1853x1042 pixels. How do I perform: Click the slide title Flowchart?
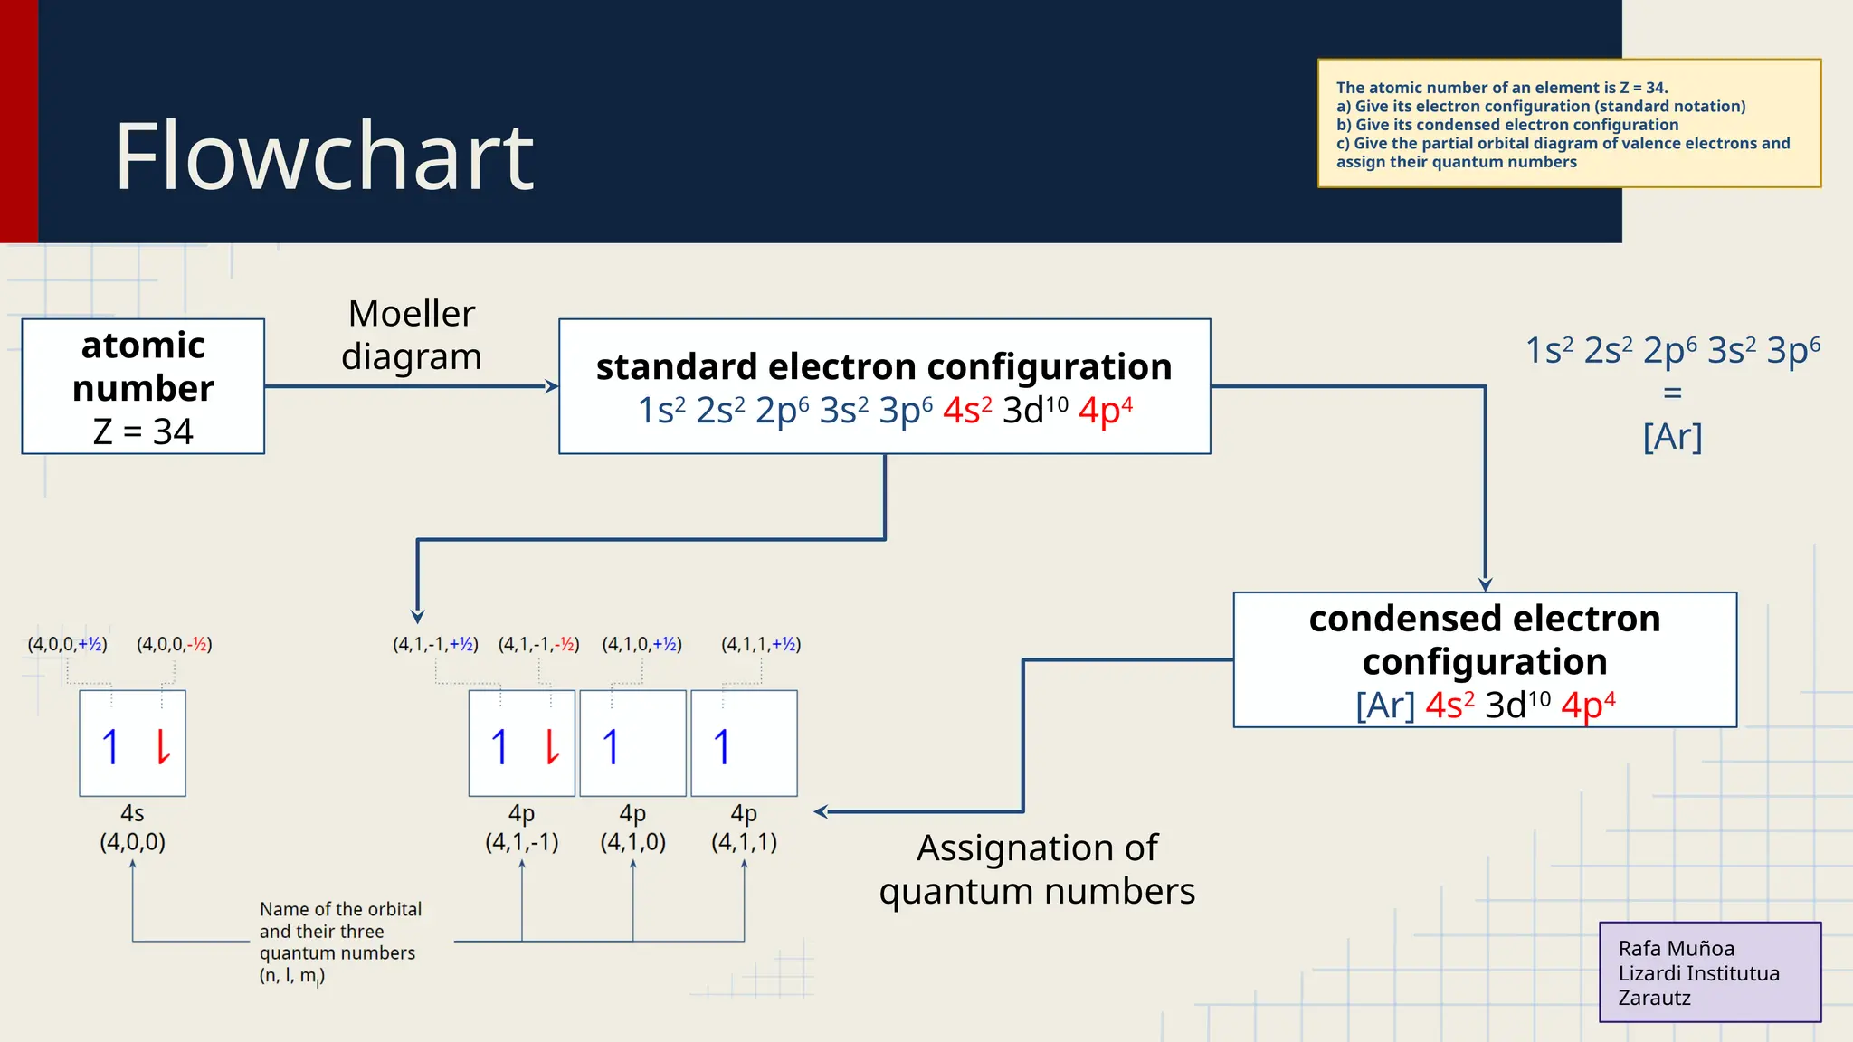point(324,157)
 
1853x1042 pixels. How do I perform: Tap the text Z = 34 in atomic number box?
point(143,431)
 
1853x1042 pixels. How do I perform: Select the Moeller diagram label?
point(412,335)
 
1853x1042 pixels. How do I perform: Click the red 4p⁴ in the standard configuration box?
point(1105,411)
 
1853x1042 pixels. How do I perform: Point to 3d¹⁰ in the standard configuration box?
point(1034,411)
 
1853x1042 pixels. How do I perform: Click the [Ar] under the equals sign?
point(1672,437)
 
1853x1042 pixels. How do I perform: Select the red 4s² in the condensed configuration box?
point(1449,706)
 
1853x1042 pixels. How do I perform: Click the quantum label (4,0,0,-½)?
point(175,645)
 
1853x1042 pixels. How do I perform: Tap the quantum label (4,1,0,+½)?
point(641,645)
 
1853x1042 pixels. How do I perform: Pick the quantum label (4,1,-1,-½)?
point(538,645)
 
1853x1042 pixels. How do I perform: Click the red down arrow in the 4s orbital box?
point(163,747)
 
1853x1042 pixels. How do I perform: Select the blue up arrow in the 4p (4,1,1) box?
point(721,747)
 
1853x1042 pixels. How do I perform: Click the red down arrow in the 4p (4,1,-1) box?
point(552,747)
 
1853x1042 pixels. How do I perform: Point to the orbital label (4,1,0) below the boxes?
point(632,842)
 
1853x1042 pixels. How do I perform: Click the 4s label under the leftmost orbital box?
point(132,813)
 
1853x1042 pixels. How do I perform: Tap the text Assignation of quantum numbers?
point(1037,869)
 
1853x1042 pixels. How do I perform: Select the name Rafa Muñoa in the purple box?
point(1676,949)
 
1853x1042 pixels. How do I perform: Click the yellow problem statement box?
point(1569,124)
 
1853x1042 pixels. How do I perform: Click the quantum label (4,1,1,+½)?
point(761,645)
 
